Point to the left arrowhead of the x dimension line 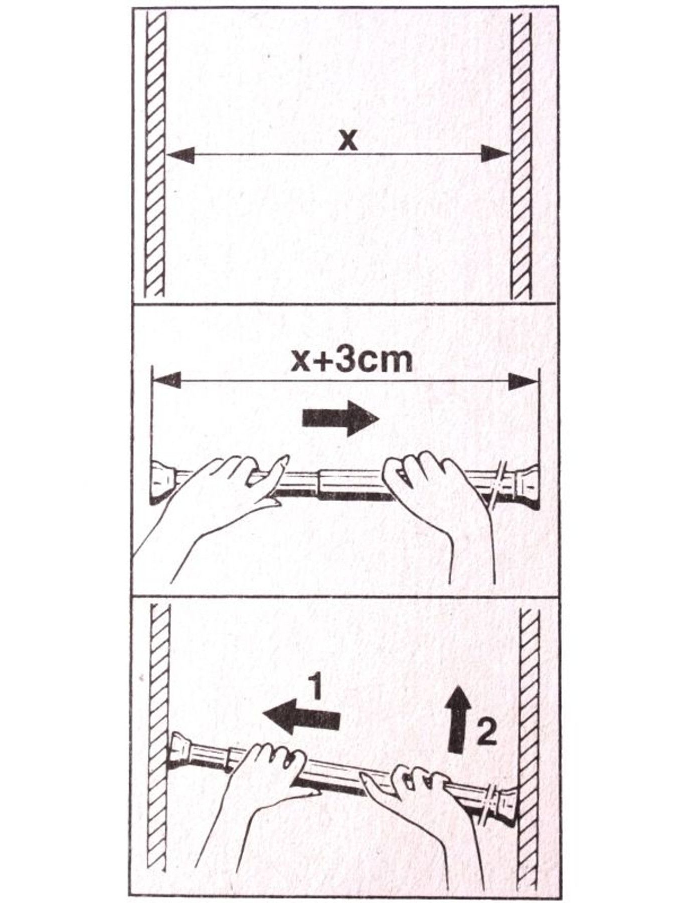click(x=180, y=154)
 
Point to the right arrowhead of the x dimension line click(x=495, y=154)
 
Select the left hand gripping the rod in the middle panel click(x=221, y=507)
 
